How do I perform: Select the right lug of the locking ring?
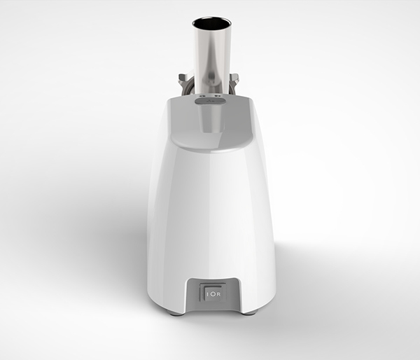235,78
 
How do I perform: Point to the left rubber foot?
176,312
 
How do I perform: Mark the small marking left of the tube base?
201,92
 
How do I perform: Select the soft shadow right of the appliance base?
301,294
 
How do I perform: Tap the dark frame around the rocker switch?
213,284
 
